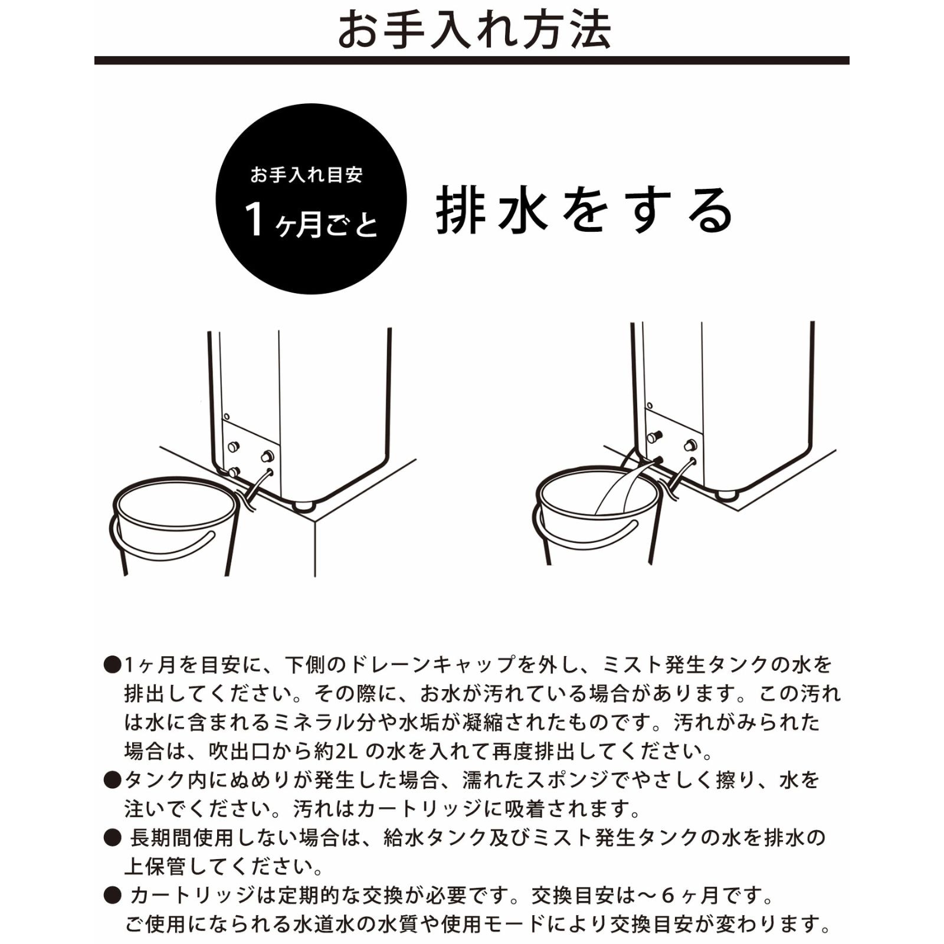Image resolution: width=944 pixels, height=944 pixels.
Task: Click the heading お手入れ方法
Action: [x=474, y=29]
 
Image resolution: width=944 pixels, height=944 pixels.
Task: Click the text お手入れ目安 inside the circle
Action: [x=306, y=175]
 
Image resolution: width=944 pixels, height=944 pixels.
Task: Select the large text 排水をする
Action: [x=584, y=211]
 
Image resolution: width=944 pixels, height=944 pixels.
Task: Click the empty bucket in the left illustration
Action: [x=174, y=525]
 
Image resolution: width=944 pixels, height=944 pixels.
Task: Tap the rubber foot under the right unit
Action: [x=726, y=493]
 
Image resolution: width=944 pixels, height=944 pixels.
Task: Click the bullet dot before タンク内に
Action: [x=112, y=781]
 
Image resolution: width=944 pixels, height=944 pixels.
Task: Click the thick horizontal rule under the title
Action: [x=471, y=60]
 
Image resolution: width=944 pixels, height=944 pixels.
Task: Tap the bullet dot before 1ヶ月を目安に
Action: [x=112, y=666]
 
